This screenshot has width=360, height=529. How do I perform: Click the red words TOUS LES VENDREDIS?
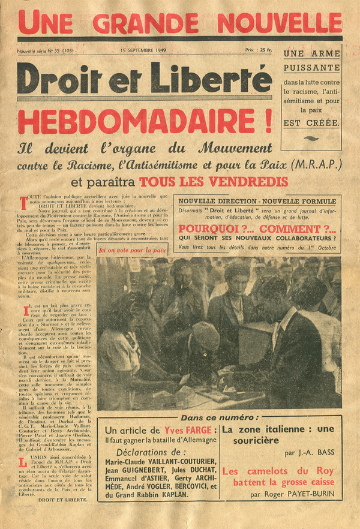[x=213, y=181]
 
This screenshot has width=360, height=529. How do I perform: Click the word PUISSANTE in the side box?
[x=311, y=67]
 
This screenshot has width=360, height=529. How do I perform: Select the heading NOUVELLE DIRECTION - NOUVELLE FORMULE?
[x=257, y=201]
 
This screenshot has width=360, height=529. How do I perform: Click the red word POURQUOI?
[x=209, y=228]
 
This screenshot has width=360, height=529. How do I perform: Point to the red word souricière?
[x=251, y=441]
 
